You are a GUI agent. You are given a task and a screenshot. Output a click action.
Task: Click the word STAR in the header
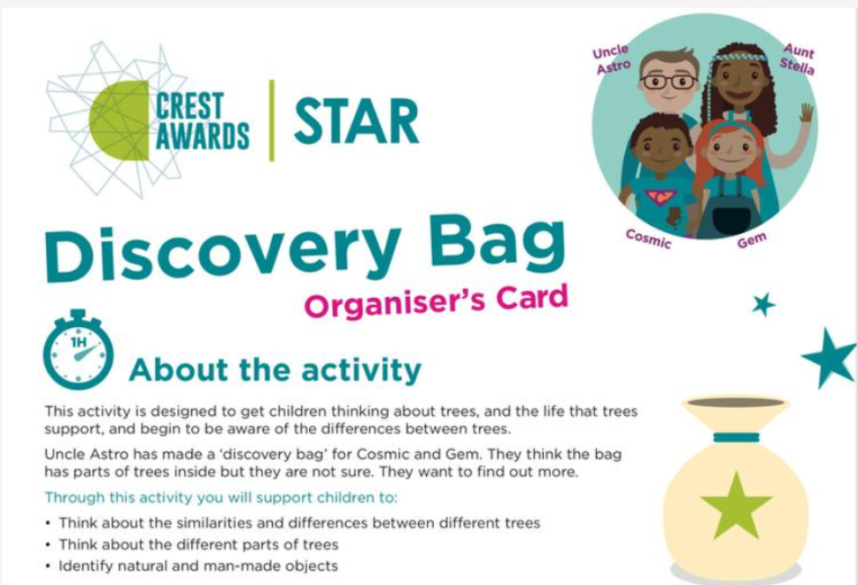pos(356,121)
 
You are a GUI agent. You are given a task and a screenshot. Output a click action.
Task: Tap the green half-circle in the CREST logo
pos(120,121)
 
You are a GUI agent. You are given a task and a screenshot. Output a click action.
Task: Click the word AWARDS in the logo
pos(203,136)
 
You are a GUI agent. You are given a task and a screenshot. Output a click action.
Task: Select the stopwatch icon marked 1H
pos(78,349)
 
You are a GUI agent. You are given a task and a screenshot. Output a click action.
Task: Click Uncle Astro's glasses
pos(669,82)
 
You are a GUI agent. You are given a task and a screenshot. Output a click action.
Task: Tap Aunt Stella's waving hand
pos(806,113)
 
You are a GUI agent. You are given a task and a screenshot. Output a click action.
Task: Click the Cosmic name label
pos(648,238)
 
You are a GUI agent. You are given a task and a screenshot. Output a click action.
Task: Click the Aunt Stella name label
pos(798,59)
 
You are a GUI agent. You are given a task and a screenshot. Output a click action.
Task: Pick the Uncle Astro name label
pos(612,59)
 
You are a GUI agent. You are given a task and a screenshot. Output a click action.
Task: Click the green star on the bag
pos(736,505)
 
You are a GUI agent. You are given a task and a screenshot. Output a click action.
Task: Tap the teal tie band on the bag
pos(737,437)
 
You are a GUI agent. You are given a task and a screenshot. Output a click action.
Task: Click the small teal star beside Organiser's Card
pos(764,305)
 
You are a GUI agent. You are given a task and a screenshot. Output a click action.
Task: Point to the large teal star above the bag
pos(829,358)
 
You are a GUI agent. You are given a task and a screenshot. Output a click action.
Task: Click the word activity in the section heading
pos(361,370)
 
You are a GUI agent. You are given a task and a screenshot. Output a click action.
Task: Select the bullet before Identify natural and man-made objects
pos(49,565)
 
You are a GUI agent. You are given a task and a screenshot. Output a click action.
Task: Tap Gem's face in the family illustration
pos(731,152)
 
